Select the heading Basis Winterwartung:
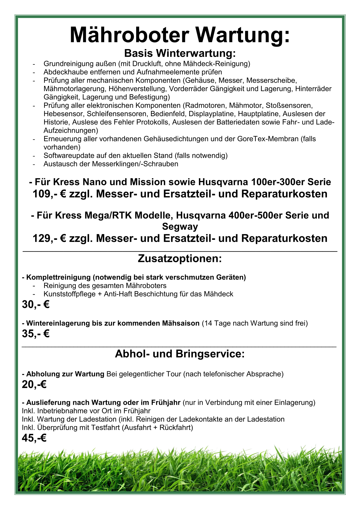pyautogui.click(x=180, y=53)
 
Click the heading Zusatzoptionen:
pyautogui.click(x=180, y=258)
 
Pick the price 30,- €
pyautogui.click(x=36, y=305)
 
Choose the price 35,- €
pyautogui.click(x=36, y=334)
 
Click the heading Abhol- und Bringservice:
pyautogui.click(x=180, y=354)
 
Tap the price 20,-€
pyautogui.click(x=34, y=384)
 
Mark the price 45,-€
pyautogui.click(x=34, y=438)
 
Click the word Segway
pyautogui.click(x=180, y=226)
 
